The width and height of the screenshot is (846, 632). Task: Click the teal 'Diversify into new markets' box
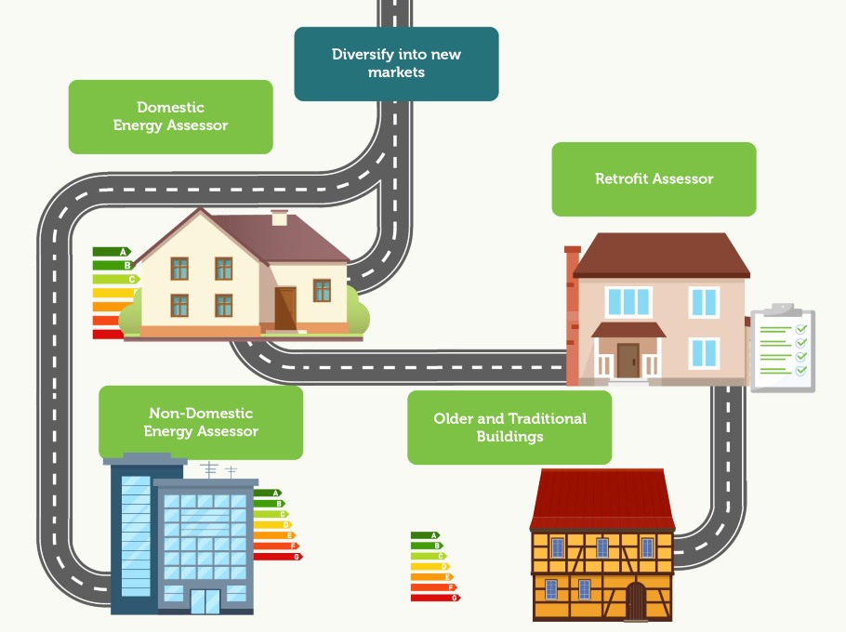tap(396, 63)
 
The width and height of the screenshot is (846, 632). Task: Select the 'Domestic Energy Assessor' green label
tap(170, 116)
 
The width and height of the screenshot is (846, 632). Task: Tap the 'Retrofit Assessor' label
tap(654, 178)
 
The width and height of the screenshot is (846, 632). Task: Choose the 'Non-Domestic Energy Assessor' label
tap(201, 422)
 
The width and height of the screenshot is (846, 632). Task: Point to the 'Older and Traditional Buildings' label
tap(509, 427)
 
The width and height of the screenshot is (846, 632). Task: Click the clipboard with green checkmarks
tap(782, 349)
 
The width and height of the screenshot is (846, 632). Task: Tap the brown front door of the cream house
tap(285, 308)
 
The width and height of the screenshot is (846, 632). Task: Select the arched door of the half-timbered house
tap(636, 600)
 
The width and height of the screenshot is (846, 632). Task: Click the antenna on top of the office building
tap(210, 469)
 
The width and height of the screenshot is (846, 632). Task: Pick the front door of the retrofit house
tap(628, 360)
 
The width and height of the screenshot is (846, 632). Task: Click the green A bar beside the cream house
tap(112, 252)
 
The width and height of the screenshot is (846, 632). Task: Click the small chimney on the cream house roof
tap(279, 217)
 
